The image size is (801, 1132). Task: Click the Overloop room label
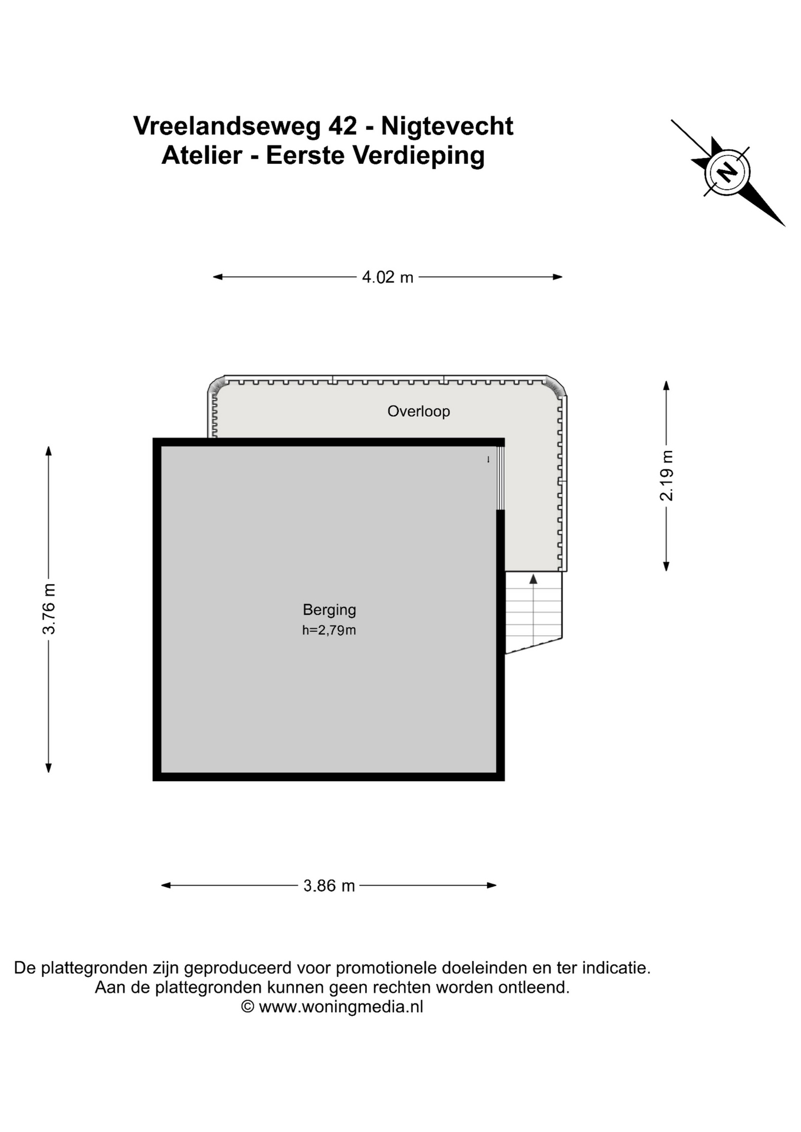(418, 411)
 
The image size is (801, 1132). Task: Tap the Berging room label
(329, 610)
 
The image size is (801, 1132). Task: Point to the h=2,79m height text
(329, 630)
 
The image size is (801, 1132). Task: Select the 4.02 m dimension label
(388, 277)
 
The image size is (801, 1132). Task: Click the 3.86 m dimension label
(329, 886)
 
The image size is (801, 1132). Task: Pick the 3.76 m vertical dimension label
(49, 609)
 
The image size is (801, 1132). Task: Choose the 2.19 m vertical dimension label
(667, 475)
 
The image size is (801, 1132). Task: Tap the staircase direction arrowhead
(533, 579)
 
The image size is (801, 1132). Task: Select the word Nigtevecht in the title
(447, 127)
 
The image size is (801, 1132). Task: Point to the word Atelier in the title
(202, 156)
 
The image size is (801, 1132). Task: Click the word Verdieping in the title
(419, 156)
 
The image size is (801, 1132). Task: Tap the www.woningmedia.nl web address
(341, 1006)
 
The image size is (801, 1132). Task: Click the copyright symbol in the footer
(248, 1006)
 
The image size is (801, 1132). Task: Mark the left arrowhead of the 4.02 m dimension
(218, 277)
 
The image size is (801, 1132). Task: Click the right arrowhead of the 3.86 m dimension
(491, 885)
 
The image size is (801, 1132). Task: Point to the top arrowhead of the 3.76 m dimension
(49, 451)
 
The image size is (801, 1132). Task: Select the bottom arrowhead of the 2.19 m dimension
(667, 567)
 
